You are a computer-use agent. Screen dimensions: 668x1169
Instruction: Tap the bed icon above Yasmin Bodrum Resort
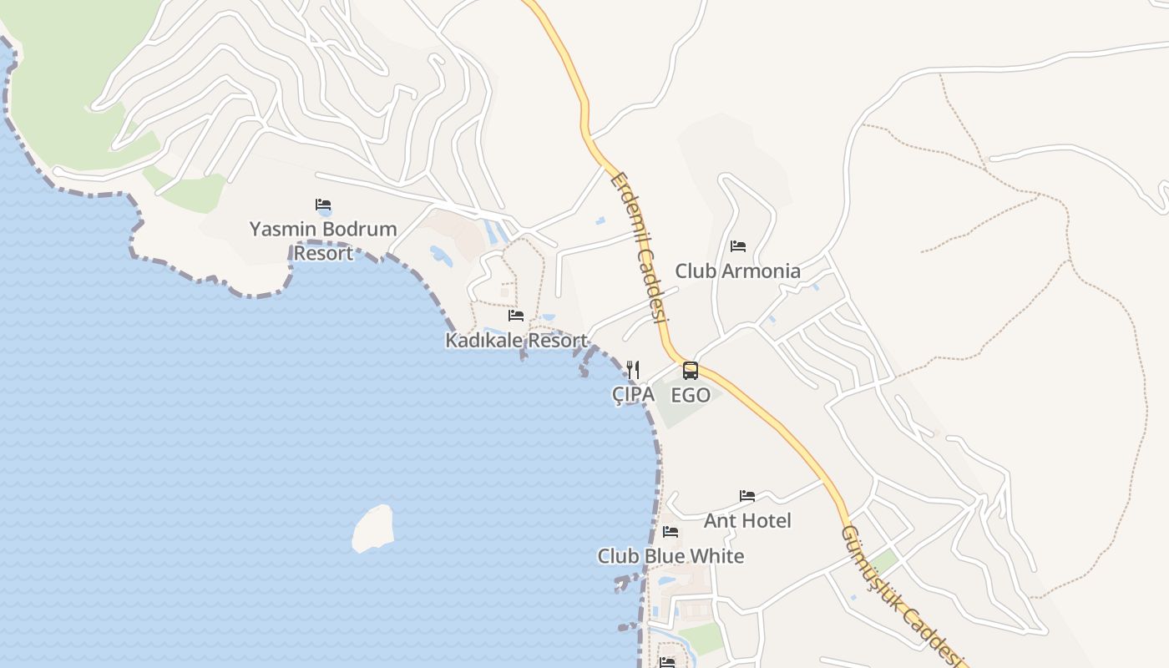tap(323, 205)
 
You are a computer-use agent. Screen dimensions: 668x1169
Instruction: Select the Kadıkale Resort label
tap(516, 341)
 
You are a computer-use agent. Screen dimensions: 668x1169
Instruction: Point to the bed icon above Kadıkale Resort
tap(516, 316)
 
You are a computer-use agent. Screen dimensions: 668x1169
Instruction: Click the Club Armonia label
tap(737, 271)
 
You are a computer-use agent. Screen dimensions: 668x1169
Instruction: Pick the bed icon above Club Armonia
tap(737, 246)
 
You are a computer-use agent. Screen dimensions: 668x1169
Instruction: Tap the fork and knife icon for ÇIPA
tap(633, 369)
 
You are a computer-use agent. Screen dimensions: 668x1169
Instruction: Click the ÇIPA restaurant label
tap(633, 395)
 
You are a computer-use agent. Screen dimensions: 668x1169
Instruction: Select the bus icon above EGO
tap(691, 370)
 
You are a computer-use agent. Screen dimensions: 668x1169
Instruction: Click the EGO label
tap(691, 395)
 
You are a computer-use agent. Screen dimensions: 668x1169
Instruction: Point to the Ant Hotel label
tap(747, 520)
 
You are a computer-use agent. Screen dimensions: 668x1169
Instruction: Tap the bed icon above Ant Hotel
tap(747, 496)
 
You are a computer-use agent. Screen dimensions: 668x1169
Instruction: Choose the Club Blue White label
tap(671, 556)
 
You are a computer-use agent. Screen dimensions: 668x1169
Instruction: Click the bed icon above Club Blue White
tap(671, 532)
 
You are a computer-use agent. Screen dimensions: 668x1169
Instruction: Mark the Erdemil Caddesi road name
tap(640, 248)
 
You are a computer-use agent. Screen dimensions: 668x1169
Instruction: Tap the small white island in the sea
tap(373, 529)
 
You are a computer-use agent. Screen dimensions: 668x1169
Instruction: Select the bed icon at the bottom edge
tap(666, 662)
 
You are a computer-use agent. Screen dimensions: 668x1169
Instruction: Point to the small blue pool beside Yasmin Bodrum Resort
tap(441, 256)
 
